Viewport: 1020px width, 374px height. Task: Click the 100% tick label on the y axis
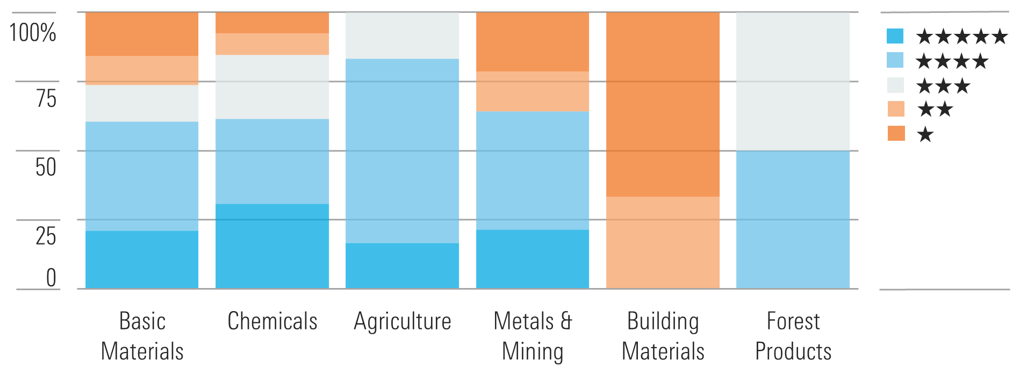pyautogui.click(x=33, y=33)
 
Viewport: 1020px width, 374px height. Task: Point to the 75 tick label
pyautogui.click(x=46, y=98)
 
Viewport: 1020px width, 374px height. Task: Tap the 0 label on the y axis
pyautogui.click(x=51, y=278)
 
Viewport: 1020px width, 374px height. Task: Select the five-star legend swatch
pyautogui.click(x=895, y=36)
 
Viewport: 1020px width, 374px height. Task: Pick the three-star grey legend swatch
pyautogui.click(x=895, y=85)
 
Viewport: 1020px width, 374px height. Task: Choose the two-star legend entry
pyautogui.click(x=935, y=110)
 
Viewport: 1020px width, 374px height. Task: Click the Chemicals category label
pyautogui.click(x=272, y=321)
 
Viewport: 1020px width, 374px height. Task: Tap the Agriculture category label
pyautogui.click(x=403, y=321)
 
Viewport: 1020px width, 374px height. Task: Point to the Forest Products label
pyautogui.click(x=793, y=336)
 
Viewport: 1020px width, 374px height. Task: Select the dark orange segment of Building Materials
pyautogui.click(x=663, y=104)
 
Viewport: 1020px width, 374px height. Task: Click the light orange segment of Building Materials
pyautogui.click(x=663, y=242)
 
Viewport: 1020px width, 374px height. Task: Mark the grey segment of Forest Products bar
pyautogui.click(x=793, y=81)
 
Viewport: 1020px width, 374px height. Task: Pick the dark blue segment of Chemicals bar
pyautogui.click(x=272, y=246)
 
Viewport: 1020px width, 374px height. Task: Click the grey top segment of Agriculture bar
pyautogui.click(x=402, y=35)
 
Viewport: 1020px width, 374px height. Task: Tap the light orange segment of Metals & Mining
pyautogui.click(x=533, y=91)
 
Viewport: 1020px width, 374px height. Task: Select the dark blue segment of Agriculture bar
pyautogui.click(x=402, y=266)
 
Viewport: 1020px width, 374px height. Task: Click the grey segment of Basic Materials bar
pyautogui.click(x=142, y=103)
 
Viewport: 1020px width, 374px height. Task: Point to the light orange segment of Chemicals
pyautogui.click(x=272, y=44)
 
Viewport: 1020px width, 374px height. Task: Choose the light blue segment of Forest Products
pyautogui.click(x=793, y=219)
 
